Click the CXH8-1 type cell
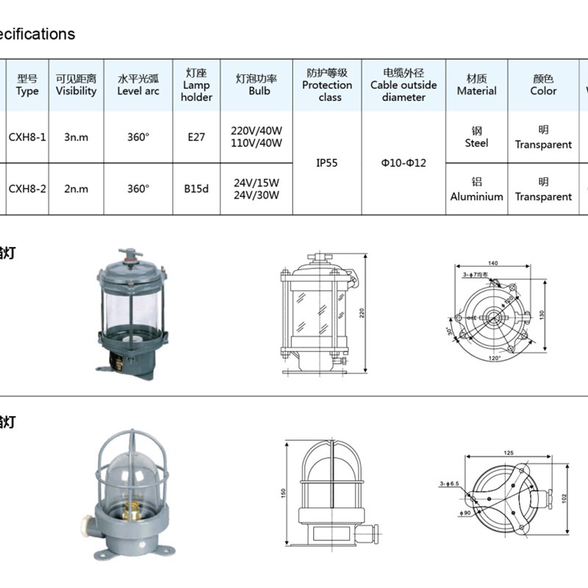(x=27, y=137)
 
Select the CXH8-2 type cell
(x=27, y=189)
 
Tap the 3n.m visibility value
(x=76, y=137)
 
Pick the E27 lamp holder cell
(x=196, y=137)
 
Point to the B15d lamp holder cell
(x=196, y=189)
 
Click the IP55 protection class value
(x=327, y=163)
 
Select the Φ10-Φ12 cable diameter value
(x=404, y=163)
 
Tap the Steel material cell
(x=476, y=137)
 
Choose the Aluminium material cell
(x=476, y=190)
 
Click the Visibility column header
(x=76, y=85)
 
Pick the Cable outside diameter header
(x=404, y=85)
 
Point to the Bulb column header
(x=257, y=85)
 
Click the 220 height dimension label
(x=362, y=312)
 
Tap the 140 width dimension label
(x=492, y=263)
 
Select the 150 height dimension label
(x=284, y=493)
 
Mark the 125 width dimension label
(x=508, y=453)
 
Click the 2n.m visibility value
(x=76, y=189)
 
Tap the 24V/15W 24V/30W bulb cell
(x=257, y=189)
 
